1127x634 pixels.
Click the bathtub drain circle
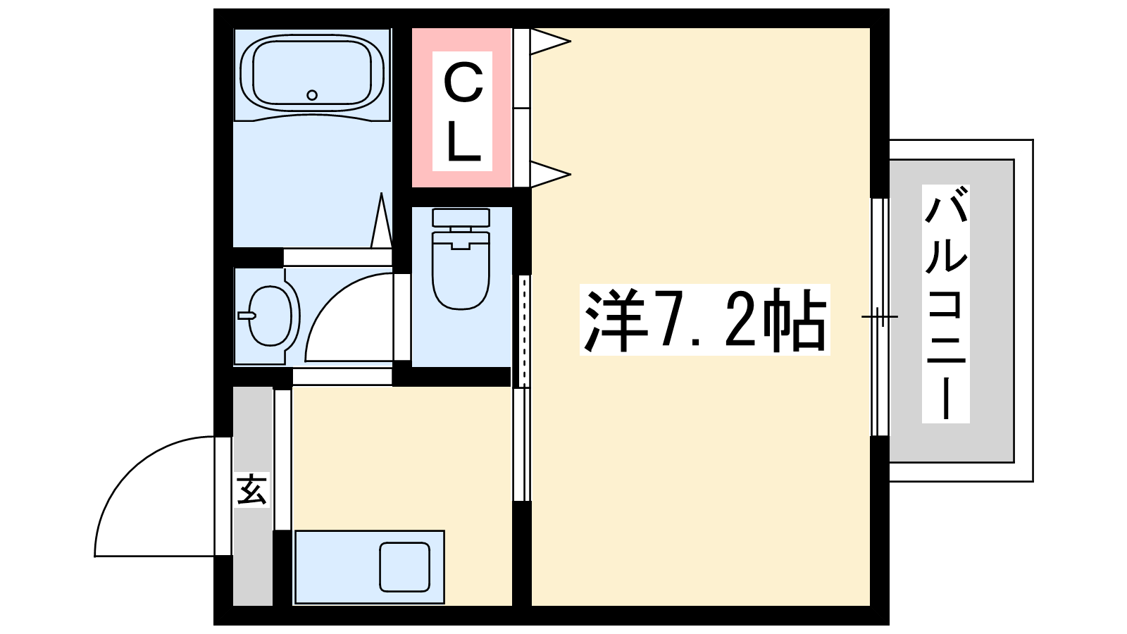tap(312, 94)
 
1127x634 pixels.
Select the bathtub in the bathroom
tap(312, 75)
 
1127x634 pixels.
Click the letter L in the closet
tap(462, 143)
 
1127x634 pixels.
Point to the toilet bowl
tap(461, 272)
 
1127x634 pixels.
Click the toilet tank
tap(461, 218)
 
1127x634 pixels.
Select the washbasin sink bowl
tap(270, 316)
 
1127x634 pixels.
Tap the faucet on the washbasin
tap(247, 316)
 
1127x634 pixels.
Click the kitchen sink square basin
tap(404, 566)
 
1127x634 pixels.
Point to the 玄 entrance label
tap(251, 490)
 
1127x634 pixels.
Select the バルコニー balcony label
tap(945, 304)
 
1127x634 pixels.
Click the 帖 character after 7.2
tap(794, 320)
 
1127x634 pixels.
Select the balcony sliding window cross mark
tap(880, 316)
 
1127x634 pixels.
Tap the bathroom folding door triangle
tap(381, 220)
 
